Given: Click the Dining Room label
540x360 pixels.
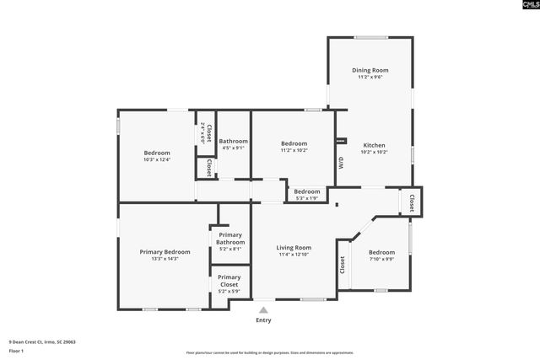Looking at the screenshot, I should (370, 70).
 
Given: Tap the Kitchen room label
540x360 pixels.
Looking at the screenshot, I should (374, 144).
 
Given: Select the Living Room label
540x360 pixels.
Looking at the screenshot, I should (294, 247).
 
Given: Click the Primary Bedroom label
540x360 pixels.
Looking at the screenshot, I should (165, 251).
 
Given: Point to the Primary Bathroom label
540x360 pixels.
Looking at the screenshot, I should (230, 239).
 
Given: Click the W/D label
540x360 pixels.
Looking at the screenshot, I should (341, 164).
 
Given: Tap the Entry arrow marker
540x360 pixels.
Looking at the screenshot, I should (263, 310).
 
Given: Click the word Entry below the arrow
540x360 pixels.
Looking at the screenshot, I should (263, 320).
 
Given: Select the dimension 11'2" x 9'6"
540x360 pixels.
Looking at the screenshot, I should (370, 78).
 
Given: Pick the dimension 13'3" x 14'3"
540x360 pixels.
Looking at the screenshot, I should (165, 259).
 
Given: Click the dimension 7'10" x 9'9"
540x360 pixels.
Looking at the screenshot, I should (381, 259).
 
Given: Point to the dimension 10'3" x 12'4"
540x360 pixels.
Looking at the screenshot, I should (157, 159).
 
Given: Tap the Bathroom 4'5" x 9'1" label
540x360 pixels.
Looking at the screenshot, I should (233, 144).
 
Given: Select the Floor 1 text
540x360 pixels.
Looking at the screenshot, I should (16, 350).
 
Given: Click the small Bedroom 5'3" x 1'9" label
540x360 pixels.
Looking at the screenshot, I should (307, 194).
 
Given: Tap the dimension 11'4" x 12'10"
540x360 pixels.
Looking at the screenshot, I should (294, 255).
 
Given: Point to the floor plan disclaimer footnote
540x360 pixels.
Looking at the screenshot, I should (270, 352).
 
